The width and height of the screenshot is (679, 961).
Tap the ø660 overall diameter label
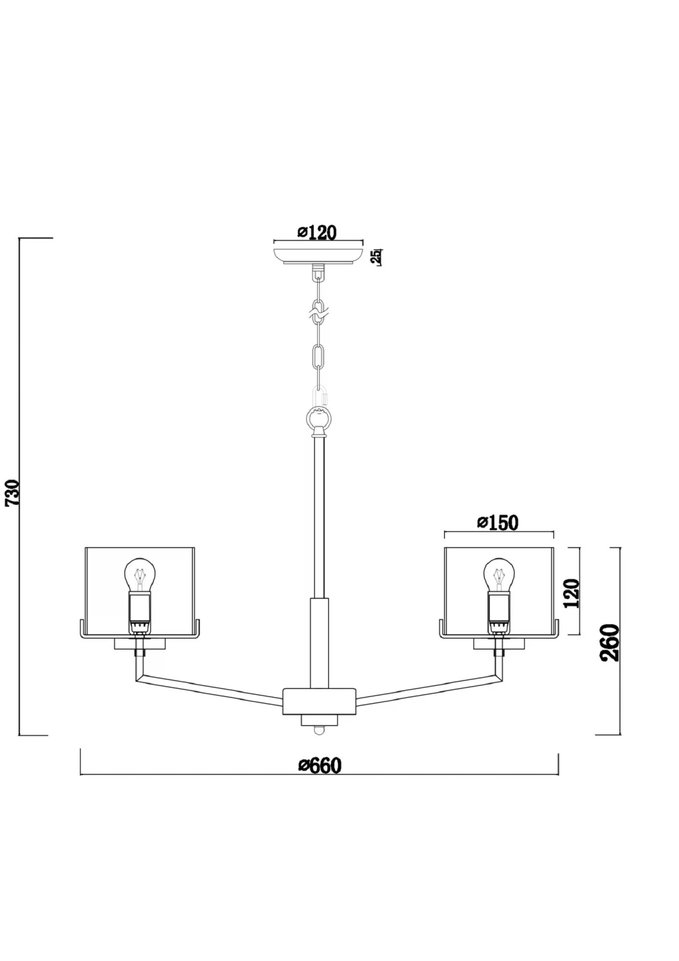coord(320,765)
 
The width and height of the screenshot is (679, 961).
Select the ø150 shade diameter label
coord(497,523)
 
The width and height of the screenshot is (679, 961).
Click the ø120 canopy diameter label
coord(317,233)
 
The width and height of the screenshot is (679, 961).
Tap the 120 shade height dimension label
coord(572,593)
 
